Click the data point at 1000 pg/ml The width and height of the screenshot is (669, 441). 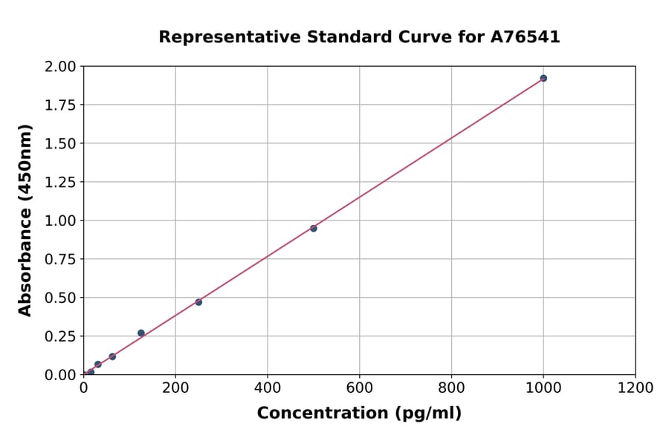point(543,78)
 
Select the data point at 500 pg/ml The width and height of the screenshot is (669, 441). point(314,228)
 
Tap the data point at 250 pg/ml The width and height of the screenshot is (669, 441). point(198,302)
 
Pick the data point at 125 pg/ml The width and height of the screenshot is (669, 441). point(141,333)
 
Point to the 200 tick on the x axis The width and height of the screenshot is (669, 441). point(175,388)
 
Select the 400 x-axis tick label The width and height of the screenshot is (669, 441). point(268,388)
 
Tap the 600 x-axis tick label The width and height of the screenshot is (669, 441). point(360,388)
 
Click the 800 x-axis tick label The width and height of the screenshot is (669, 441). point(451,388)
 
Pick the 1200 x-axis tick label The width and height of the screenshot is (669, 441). point(636,388)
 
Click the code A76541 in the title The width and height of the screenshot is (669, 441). point(526,37)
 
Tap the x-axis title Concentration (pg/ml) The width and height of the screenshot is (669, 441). point(359,414)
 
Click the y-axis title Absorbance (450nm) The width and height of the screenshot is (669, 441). point(26,220)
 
